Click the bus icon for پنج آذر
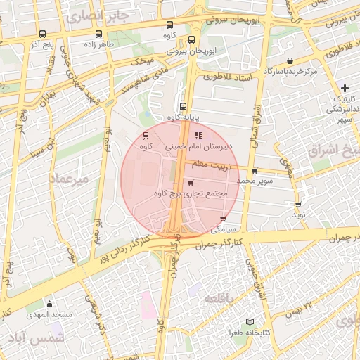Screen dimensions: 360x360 [x=42, y=34]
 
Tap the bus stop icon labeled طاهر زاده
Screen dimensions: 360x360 [x=98, y=34]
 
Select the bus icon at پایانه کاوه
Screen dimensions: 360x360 [x=183, y=107]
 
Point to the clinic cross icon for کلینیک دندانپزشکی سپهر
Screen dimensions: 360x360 [x=345, y=88]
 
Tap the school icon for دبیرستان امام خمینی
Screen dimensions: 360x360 [x=198, y=135]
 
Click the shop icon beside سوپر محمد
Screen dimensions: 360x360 [x=255, y=171]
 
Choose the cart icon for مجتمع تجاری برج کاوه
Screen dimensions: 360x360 [x=191, y=182]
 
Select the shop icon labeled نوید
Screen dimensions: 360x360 [x=298, y=205]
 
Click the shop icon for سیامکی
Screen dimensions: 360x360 [x=224, y=219]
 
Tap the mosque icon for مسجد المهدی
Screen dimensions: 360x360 [x=49, y=304]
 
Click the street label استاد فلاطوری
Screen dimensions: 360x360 [x=229, y=79]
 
